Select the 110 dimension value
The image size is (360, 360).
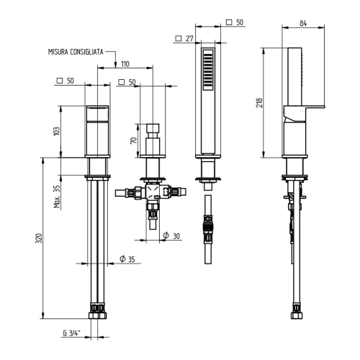(125, 63)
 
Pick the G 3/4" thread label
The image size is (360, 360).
(72, 333)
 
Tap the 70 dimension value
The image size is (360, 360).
(133, 140)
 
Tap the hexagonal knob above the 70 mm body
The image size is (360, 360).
(152, 132)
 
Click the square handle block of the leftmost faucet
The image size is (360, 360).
(97, 132)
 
